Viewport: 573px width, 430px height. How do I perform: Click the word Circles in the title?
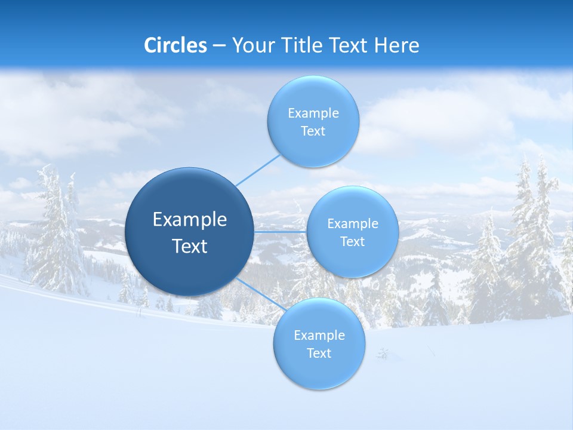(x=175, y=45)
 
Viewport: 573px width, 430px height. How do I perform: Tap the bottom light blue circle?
(x=319, y=373)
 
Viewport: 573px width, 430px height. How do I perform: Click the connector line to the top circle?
(x=258, y=170)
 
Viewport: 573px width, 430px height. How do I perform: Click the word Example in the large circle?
(x=190, y=219)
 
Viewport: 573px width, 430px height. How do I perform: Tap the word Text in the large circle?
(x=190, y=246)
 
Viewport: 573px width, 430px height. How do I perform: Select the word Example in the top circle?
(x=313, y=113)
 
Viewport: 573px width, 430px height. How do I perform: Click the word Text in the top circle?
(x=313, y=131)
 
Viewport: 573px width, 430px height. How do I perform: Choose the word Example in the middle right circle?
(x=352, y=224)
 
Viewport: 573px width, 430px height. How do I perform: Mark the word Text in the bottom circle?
(x=319, y=354)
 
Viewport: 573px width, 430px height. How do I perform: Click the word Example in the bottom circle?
(x=319, y=336)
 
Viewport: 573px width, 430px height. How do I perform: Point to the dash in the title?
(x=218, y=46)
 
